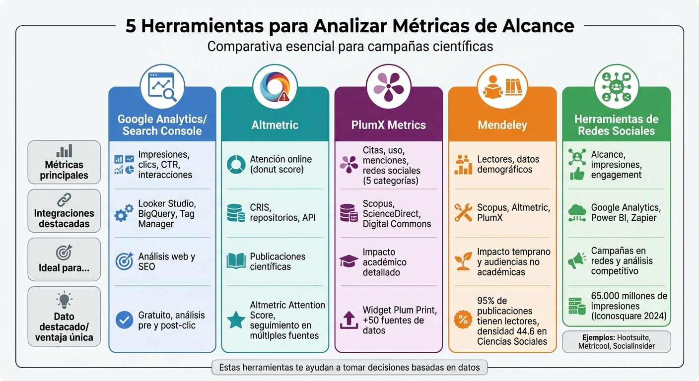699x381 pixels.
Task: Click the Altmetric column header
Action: (275, 125)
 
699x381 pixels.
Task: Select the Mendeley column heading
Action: (502, 125)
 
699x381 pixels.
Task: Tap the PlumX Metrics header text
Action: (388, 125)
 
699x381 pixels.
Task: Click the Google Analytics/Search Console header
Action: (162, 125)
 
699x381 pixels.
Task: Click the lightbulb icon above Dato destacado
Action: (64, 301)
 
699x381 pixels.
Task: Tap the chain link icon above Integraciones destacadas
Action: (64, 199)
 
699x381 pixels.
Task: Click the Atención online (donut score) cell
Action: (281, 164)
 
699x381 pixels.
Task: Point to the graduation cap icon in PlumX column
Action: (349, 261)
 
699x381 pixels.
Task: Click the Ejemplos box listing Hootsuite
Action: (616, 342)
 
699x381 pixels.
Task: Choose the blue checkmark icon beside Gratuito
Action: (124, 320)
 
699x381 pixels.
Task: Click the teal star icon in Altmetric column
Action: (236, 320)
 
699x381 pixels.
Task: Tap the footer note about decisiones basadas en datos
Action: (349, 368)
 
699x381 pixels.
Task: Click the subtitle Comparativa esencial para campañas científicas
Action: (350, 46)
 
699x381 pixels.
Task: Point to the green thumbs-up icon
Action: (577, 174)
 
